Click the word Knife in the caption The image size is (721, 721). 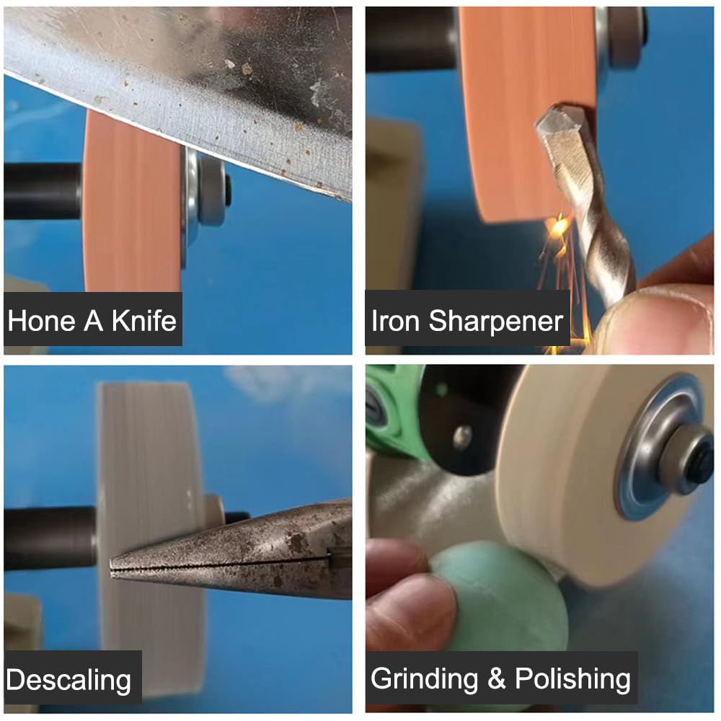click(144, 321)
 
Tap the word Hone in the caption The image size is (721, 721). click(41, 321)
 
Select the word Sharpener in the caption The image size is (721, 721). click(496, 322)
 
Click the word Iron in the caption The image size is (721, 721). click(395, 321)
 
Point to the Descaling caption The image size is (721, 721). click(68, 681)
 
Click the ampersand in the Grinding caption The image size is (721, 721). click(497, 679)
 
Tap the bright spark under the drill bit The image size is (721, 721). click(558, 227)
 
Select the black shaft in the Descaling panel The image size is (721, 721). click(50, 538)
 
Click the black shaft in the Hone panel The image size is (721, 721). click(44, 190)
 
